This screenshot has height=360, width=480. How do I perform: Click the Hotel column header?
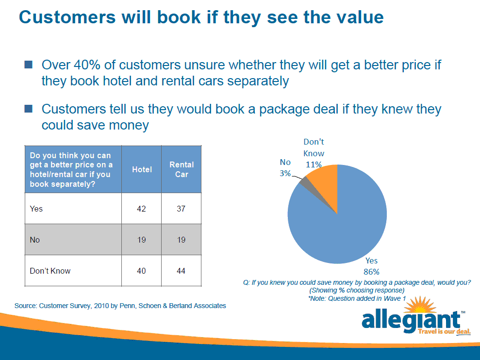142,169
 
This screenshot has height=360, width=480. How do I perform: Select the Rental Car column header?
182,169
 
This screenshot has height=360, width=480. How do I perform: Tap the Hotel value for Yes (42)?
141,209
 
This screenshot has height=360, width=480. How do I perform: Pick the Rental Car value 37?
181,209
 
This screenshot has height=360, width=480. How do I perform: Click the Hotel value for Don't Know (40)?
141,271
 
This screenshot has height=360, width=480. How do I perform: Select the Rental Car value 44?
181,271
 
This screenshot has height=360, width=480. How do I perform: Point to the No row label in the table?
34,240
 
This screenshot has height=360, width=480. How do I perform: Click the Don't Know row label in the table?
50,271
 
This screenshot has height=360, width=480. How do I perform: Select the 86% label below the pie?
371,272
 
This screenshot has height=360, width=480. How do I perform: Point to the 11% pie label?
314,164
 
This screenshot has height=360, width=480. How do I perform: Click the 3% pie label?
285,173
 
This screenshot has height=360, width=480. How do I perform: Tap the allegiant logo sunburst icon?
420,305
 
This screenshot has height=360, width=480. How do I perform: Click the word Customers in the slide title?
67,17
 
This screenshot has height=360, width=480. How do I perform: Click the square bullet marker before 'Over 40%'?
29,65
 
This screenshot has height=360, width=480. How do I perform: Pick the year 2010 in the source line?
101,306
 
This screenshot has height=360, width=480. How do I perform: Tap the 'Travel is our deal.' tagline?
444,331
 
